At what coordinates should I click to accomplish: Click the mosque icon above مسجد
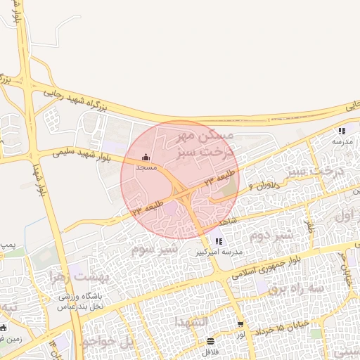click(x=146, y=157)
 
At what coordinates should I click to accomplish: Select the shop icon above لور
click(x=241, y=324)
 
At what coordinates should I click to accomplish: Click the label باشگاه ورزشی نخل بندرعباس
click(x=80, y=301)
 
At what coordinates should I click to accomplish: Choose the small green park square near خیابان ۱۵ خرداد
click(x=316, y=333)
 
